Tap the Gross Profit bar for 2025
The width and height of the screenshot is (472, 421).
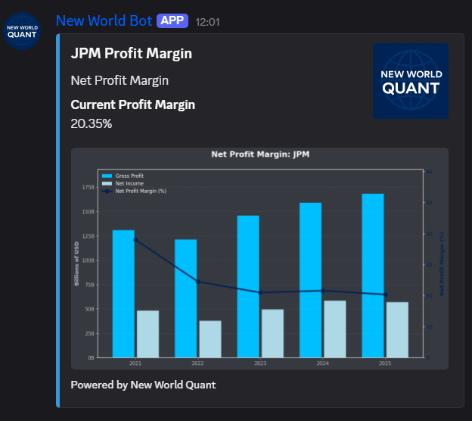pyautogui.click(x=373, y=275)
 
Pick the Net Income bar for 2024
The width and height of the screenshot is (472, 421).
pyautogui.click(x=335, y=329)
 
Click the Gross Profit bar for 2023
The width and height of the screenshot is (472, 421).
pyautogui.click(x=248, y=286)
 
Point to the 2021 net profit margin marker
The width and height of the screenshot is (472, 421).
pyautogui.click(x=135, y=240)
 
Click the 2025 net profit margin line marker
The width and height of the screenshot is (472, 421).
pyautogui.click(x=385, y=295)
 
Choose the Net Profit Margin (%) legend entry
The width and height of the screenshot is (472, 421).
pyautogui.click(x=140, y=191)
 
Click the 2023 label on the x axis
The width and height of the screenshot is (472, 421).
pyautogui.click(x=260, y=364)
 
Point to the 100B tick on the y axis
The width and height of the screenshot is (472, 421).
pyautogui.click(x=88, y=260)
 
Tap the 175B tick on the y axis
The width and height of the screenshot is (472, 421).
pyautogui.click(x=88, y=187)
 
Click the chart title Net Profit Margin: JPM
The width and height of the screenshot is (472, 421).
pyautogui.click(x=260, y=154)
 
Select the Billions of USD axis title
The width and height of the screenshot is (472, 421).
pyautogui.click(x=76, y=264)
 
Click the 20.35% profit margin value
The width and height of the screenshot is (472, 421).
pyautogui.click(x=92, y=123)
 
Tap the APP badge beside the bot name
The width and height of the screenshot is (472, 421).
pyautogui.click(x=172, y=20)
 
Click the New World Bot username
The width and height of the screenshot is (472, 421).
pyautogui.click(x=104, y=20)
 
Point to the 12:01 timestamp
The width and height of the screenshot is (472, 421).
pyautogui.click(x=207, y=22)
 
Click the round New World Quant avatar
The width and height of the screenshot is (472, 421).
pyautogui.click(x=21, y=31)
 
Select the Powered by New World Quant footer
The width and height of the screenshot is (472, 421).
pyautogui.click(x=143, y=385)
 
